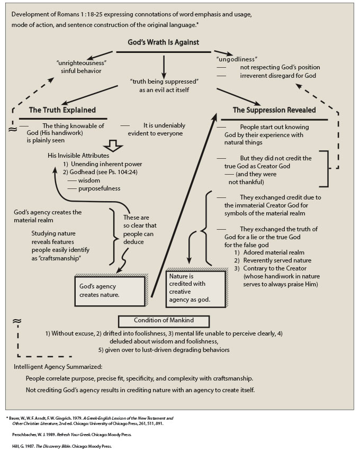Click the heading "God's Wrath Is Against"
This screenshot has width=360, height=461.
(163, 42)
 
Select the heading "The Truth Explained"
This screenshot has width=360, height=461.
(62, 110)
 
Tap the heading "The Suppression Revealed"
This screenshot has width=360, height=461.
(274, 110)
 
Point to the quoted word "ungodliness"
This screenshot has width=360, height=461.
(237, 58)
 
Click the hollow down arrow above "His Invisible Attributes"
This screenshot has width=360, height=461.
(114, 144)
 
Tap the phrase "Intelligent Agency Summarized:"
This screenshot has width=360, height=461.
(58, 367)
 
